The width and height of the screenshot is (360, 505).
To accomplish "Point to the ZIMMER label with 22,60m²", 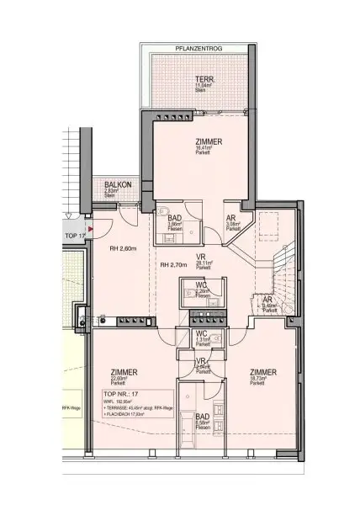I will click(124, 373).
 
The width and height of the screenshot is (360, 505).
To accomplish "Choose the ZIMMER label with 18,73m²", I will click(265, 373).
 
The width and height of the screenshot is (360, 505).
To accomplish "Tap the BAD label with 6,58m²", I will click(203, 417).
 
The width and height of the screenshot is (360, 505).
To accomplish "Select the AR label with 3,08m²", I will click(231, 218).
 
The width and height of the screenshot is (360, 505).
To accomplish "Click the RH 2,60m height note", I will click(124, 247).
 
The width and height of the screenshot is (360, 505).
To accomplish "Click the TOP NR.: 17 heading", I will click(119, 394).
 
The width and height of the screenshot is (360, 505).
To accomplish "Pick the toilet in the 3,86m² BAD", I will click(164, 211).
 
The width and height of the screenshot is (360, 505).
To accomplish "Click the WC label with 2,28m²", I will click(202, 287).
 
